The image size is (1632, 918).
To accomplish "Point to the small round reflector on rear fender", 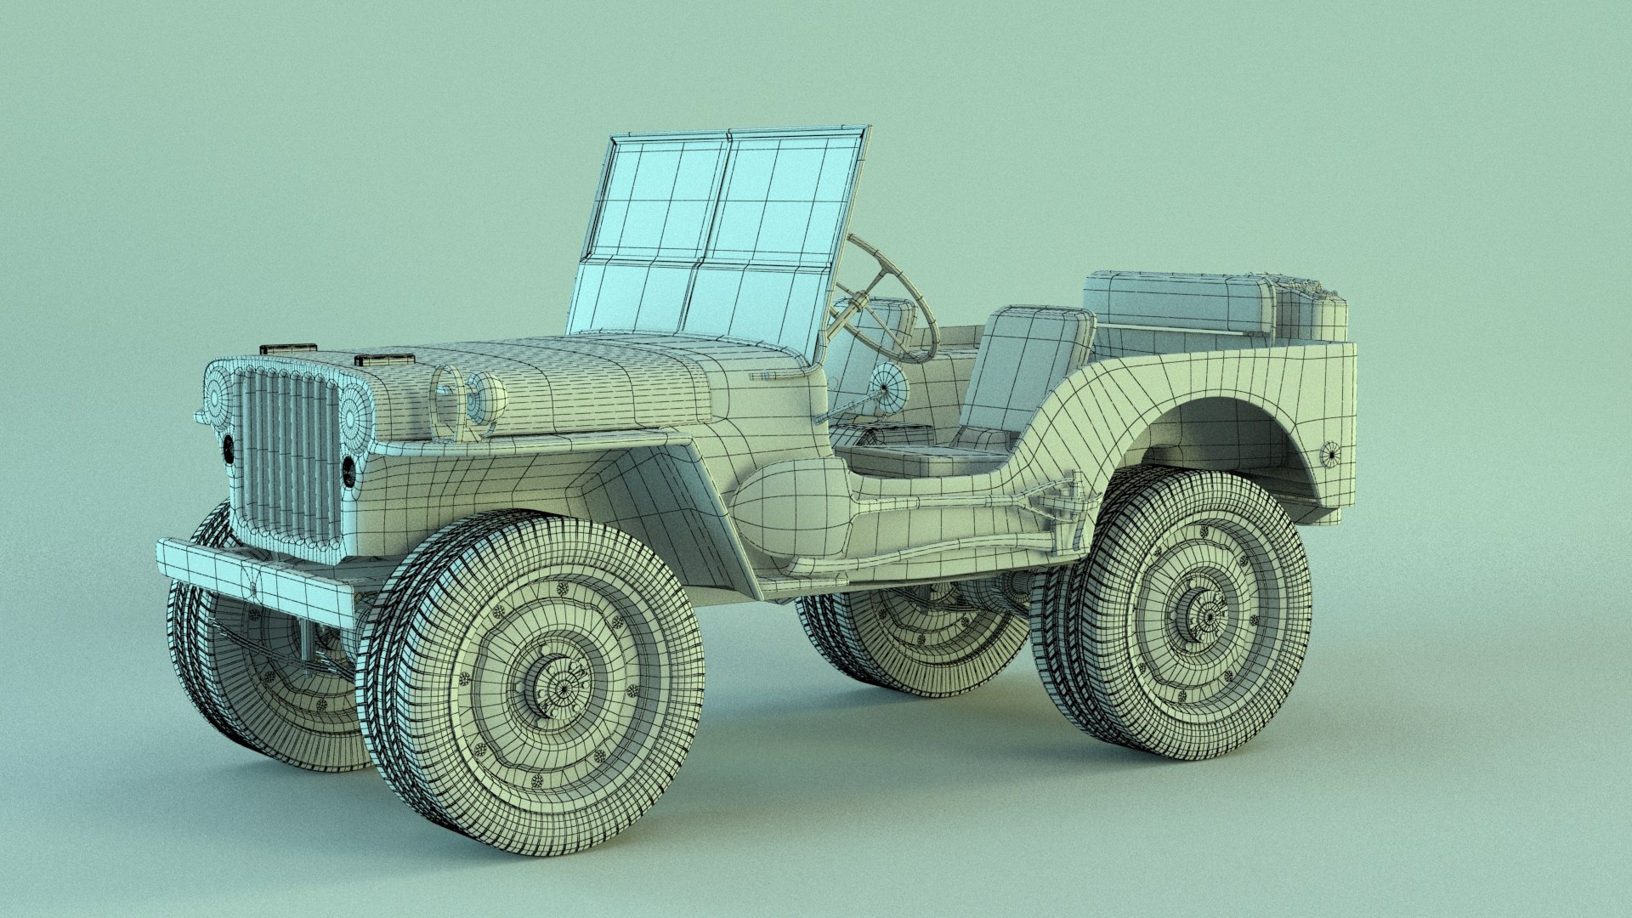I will (1331, 454).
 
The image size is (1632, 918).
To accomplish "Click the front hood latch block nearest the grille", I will (287, 348).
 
